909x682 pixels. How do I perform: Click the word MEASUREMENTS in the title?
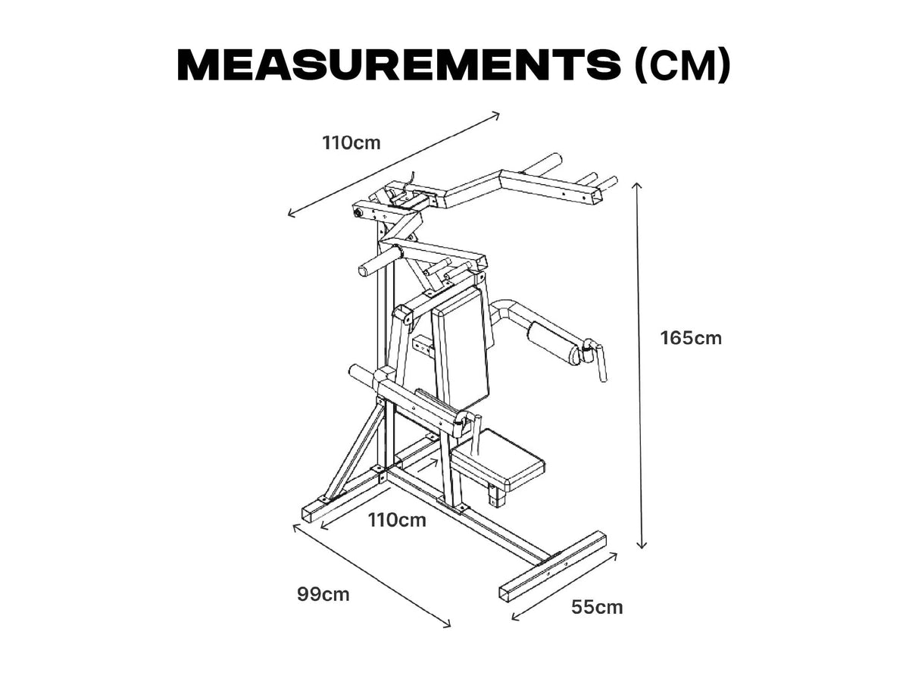pos(398,65)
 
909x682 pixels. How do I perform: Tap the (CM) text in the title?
pos(682,65)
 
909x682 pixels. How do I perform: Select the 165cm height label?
pos(691,338)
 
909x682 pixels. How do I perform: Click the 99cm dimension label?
pos(323,595)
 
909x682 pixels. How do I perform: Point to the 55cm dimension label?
pos(597,608)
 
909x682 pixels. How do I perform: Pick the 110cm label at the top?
pos(351,143)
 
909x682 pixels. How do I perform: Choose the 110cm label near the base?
pos(397,520)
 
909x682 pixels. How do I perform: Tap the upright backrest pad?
pos(460,348)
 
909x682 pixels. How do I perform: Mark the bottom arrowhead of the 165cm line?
pos(642,546)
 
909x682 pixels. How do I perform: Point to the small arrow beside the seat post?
pos(427,465)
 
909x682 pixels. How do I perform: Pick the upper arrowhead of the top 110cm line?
pos(495,115)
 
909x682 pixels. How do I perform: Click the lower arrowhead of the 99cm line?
pos(447,625)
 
